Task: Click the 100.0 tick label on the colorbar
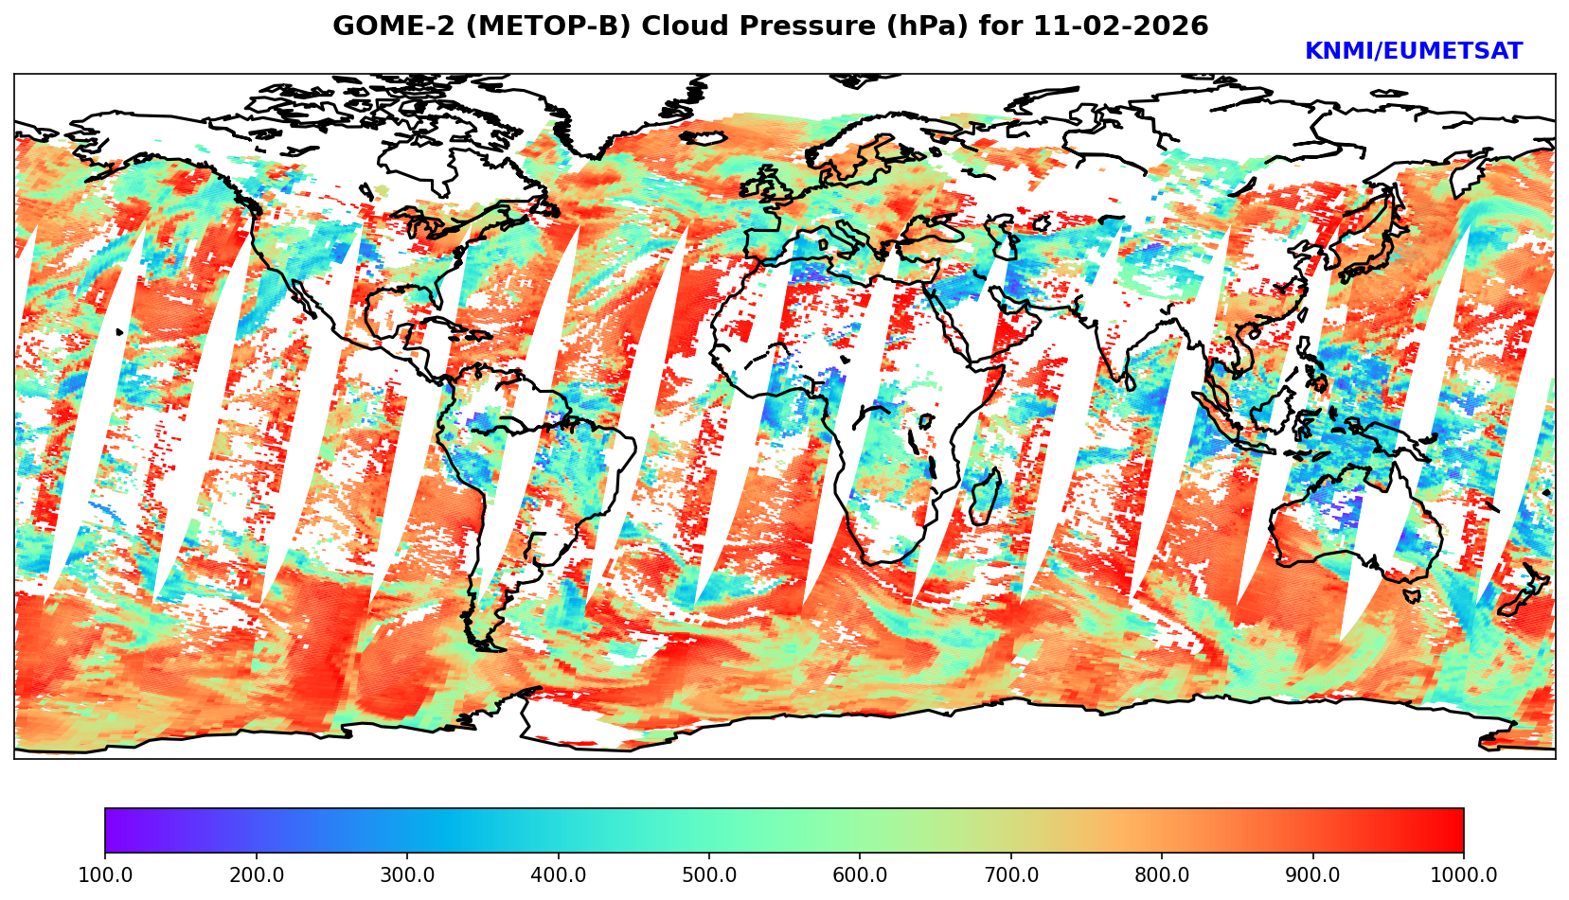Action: coord(105,874)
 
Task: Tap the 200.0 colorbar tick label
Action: coord(256,874)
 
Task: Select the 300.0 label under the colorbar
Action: coord(407,874)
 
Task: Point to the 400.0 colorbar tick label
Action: coord(558,874)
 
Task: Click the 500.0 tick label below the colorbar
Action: coord(709,874)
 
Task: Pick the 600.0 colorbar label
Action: coord(860,874)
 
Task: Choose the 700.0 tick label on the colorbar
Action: coord(1011,874)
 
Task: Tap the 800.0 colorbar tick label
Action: coord(1162,874)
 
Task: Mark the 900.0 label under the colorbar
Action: coord(1313,874)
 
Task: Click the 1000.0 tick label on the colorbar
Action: coord(1464,874)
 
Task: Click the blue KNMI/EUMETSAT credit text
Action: coord(1413,52)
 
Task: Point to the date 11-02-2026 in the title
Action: coord(1121,26)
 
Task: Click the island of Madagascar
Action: coord(986,496)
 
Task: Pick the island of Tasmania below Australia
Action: coord(1412,596)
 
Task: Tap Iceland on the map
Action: coord(702,138)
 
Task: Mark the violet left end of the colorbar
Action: coord(112,830)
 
